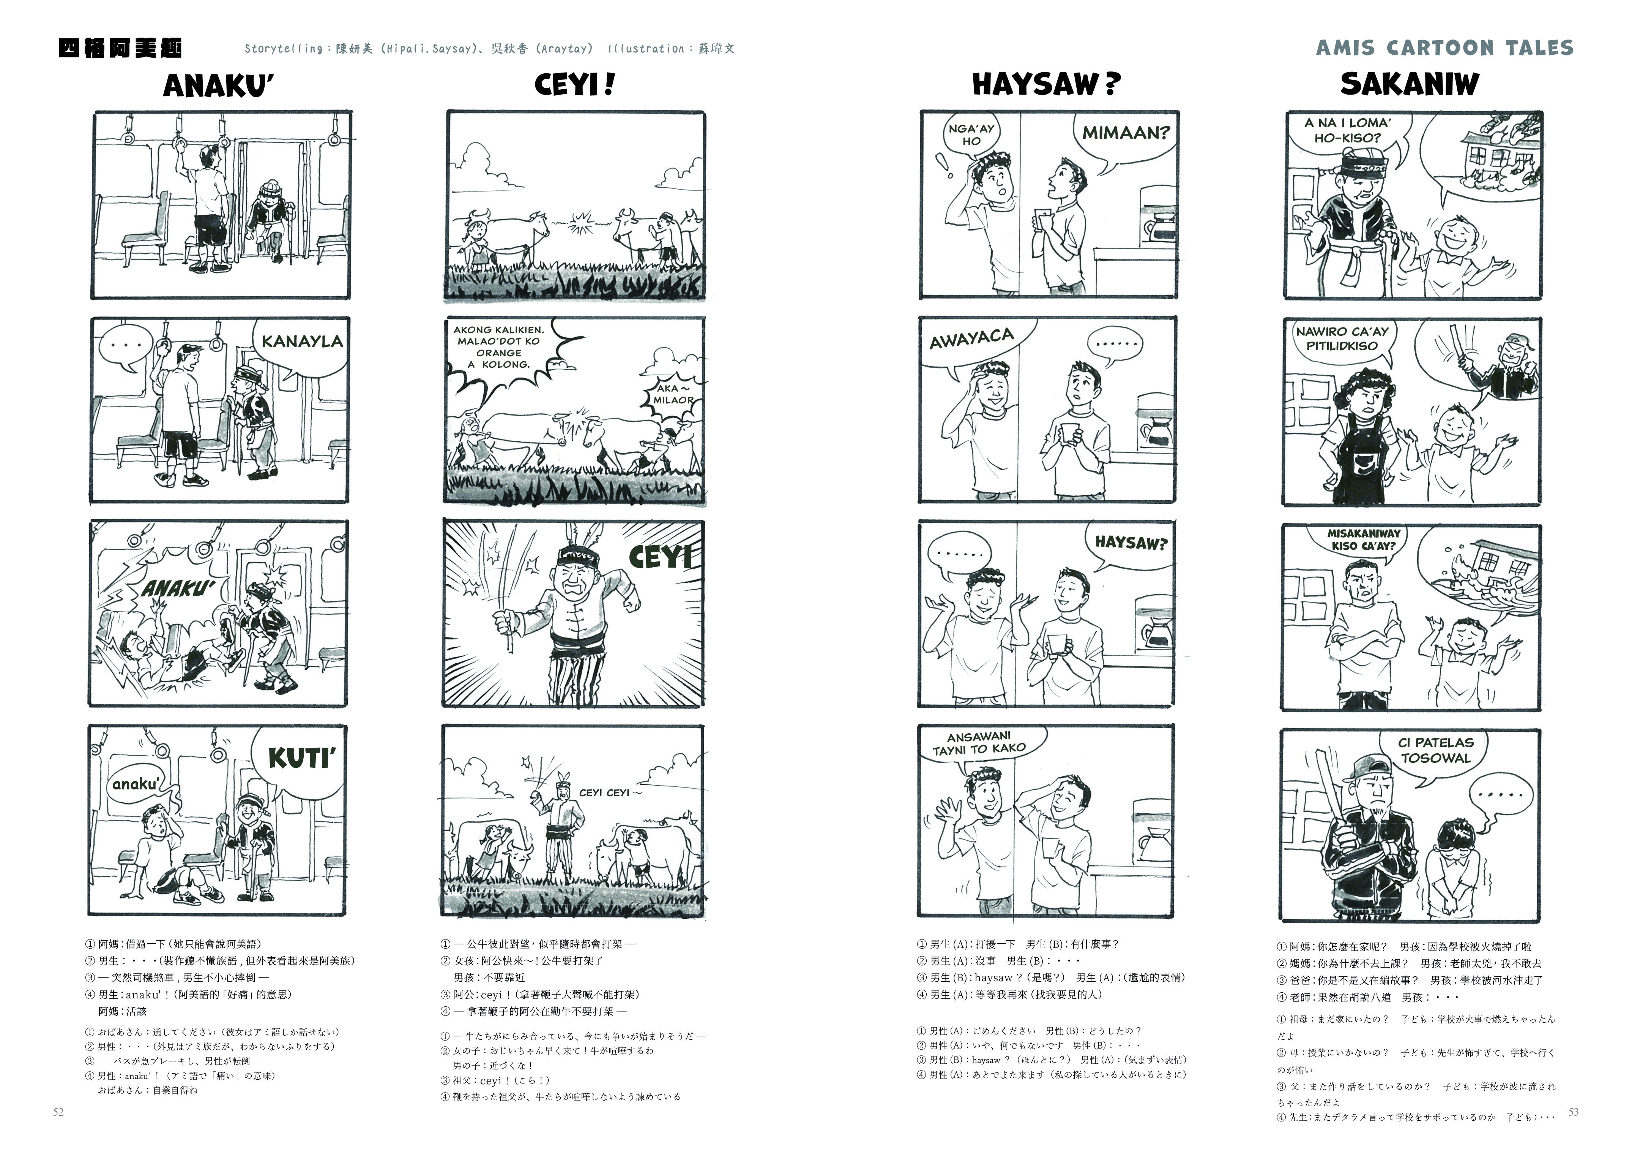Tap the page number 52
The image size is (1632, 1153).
tap(58, 1112)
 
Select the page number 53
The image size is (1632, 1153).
tap(1574, 1112)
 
